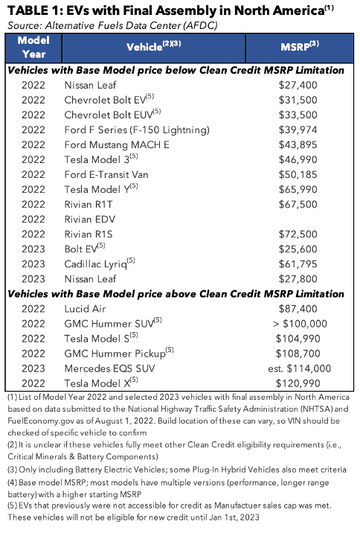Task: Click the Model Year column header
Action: click(x=33, y=47)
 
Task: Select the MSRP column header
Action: click(x=300, y=46)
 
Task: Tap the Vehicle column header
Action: click(x=153, y=46)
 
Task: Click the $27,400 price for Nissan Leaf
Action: click(x=298, y=85)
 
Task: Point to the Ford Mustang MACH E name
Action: click(x=117, y=145)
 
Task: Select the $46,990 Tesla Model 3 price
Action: click(x=298, y=160)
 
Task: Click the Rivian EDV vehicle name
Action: click(x=90, y=220)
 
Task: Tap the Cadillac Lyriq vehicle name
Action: click(x=100, y=264)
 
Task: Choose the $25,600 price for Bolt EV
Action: click(x=298, y=249)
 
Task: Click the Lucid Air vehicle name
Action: click(x=85, y=309)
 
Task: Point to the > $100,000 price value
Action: click(x=300, y=324)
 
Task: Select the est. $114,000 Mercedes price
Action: click(x=299, y=368)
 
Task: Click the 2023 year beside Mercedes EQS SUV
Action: click(x=33, y=368)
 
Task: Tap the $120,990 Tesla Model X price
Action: click(x=298, y=383)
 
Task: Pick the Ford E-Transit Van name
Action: click(x=106, y=175)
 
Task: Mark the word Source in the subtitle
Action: click(x=23, y=25)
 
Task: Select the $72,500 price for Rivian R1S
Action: click(x=298, y=234)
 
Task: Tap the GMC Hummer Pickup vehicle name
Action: click(x=119, y=354)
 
